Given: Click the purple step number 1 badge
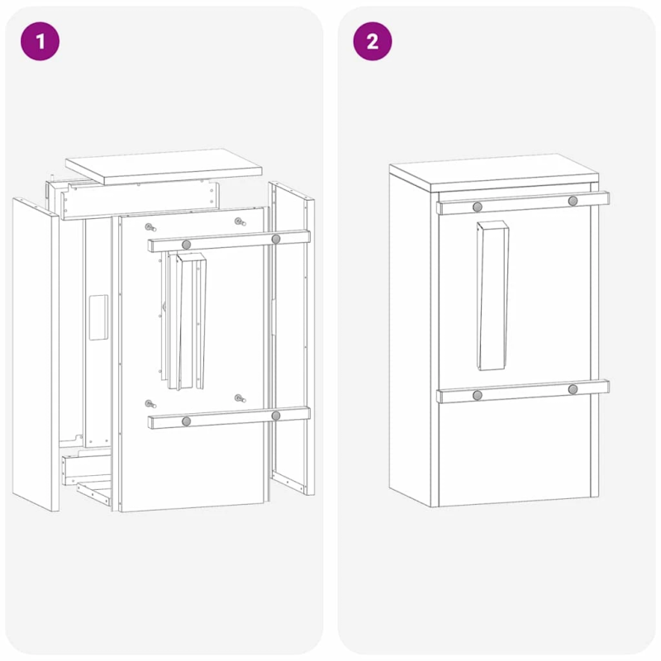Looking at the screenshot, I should pos(40,41).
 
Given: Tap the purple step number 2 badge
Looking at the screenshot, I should pos(373,41).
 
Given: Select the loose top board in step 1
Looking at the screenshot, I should pos(164,165).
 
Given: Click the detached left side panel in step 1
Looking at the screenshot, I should pos(35,355).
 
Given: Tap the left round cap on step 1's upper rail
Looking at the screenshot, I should pos(187,245).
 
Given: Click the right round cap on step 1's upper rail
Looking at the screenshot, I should pos(276,239).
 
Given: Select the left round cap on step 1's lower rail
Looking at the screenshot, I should pos(187,421).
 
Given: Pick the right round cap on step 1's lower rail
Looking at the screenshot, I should pos(276,416).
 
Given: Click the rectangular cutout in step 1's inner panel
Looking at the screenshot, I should pos(98,317).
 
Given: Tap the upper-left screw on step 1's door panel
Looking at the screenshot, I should pos(150,227).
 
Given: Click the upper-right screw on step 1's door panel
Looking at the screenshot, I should pos(239,221).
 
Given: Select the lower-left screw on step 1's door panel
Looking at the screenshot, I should pos(150,404).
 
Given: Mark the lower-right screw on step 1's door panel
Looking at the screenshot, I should pos(239,399).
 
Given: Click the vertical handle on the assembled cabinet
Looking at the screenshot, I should pos(492,295).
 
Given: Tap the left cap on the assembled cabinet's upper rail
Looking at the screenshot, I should pos(478,206).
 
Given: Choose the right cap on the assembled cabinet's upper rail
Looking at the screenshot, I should pos(573,201).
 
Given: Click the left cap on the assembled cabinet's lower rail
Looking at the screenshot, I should pos(478,395).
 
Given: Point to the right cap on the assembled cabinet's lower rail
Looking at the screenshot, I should pos(573,389).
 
